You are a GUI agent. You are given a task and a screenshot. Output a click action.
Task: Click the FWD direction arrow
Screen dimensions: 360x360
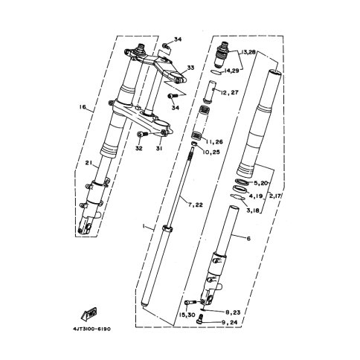click(x=89, y=315)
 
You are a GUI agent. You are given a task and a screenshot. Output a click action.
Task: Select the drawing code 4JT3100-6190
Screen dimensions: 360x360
click(x=91, y=329)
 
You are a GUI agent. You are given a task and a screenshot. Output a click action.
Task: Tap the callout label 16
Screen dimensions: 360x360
click(x=83, y=107)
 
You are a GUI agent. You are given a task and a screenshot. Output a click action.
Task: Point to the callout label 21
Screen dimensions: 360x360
click(x=89, y=163)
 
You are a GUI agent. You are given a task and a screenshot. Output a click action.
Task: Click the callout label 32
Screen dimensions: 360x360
click(x=139, y=148)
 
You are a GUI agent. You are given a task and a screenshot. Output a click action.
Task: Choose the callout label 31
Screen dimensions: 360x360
click(x=159, y=148)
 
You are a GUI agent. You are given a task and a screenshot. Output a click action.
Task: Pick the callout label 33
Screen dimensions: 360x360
click(x=190, y=68)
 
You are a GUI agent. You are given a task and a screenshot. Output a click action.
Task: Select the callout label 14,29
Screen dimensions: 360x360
click(x=231, y=71)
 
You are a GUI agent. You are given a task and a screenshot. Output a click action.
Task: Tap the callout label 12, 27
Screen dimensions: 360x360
click(x=228, y=92)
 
